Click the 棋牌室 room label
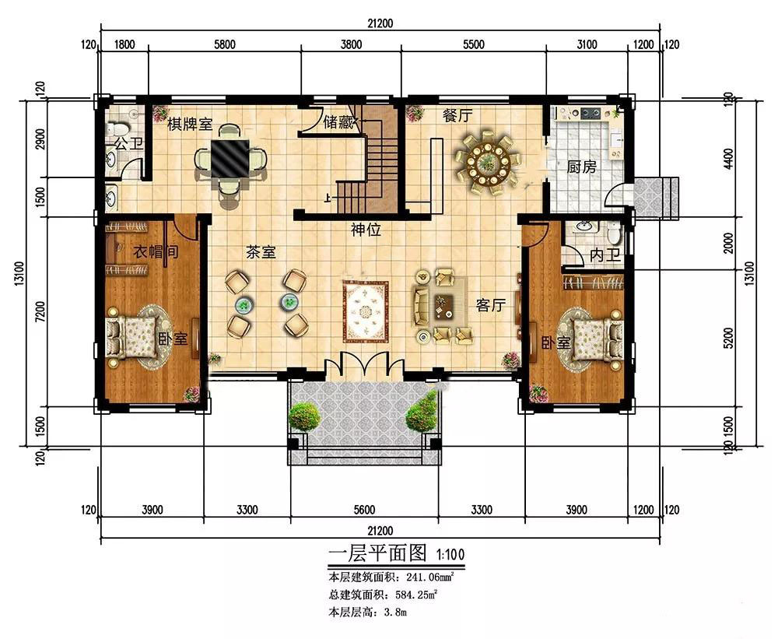pyautogui.click(x=190, y=124)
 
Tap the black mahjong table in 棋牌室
pyautogui.click(x=230, y=158)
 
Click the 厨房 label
pyautogui.click(x=581, y=167)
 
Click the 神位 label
pyautogui.click(x=366, y=230)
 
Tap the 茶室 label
pyautogui.click(x=261, y=253)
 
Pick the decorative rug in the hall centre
pyautogui.click(x=366, y=311)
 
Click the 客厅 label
pyautogui.click(x=490, y=305)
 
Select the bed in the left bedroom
pyautogui.click(x=132, y=337)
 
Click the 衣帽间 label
pyautogui.click(x=156, y=251)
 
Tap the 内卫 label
pyautogui.click(x=605, y=255)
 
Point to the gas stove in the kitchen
pyautogui.click(x=590, y=113)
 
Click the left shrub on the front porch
pyautogui.click(x=303, y=416)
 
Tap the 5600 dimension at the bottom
pyautogui.click(x=364, y=510)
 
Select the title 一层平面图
pyautogui.click(x=377, y=552)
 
